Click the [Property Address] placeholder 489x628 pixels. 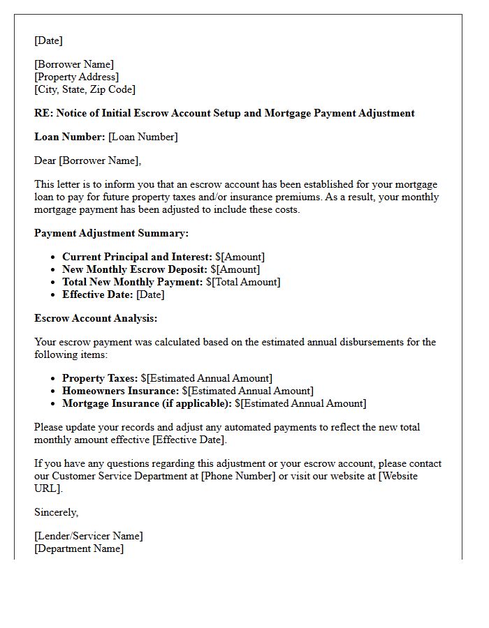pos(76,77)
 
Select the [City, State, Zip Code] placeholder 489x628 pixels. pos(85,89)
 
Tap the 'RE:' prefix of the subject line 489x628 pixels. pos(43,113)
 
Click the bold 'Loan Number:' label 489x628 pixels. pos(69,137)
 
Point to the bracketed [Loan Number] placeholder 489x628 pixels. pos(143,137)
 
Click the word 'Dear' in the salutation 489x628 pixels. pos(45,160)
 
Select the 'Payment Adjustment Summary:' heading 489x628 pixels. pos(111,233)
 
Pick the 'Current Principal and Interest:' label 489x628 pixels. pos(137,257)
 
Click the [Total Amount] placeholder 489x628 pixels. pos(246,282)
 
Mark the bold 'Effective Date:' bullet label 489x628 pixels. pos(98,294)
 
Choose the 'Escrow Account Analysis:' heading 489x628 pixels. pos(96,318)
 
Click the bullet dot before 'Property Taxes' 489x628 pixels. pos(54,379)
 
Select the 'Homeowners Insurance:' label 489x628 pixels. pos(121,391)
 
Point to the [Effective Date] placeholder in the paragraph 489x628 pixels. pos(189,440)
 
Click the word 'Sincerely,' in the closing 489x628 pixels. pos(57,512)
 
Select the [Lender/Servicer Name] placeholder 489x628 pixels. pos(88,536)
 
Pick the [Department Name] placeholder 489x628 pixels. pos(79,548)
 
